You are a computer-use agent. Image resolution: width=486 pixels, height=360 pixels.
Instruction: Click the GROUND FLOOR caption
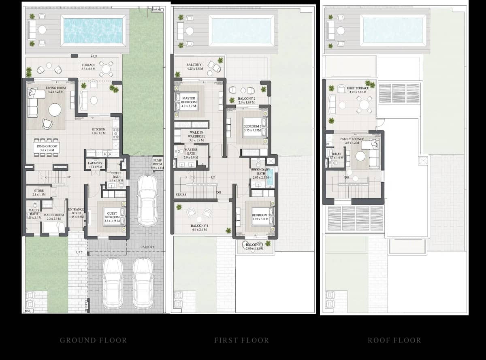click(x=93, y=340)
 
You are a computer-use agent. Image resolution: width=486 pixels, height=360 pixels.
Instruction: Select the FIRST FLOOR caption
click(x=241, y=340)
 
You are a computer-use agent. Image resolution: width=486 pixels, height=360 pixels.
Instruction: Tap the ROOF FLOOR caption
click(x=394, y=340)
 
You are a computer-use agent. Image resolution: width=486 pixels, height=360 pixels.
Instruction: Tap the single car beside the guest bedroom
click(x=147, y=201)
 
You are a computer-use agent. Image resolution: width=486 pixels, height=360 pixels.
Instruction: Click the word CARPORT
click(x=147, y=247)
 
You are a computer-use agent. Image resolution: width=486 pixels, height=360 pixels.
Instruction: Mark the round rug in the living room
click(x=55, y=110)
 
